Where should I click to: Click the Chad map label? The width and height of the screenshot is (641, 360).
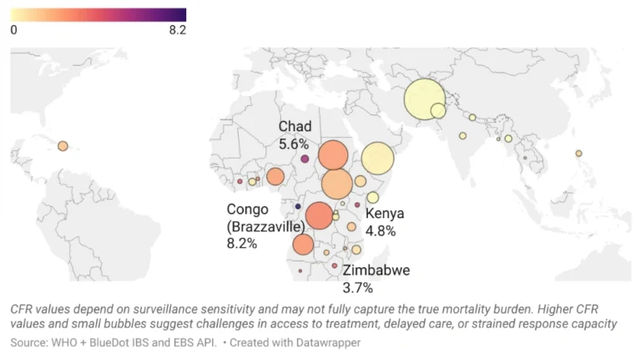[x=295, y=126]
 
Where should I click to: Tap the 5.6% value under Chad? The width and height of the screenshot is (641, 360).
[x=294, y=144]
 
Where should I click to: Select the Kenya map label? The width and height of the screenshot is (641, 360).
[x=385, y=215]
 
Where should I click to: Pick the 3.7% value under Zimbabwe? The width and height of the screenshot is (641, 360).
[x=358, y=288]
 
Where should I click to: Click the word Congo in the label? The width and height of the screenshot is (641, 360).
[x=248, y=209]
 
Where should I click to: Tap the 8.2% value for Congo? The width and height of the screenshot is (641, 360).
[x=242, y=243]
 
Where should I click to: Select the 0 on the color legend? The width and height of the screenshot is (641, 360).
[x=13, y=30]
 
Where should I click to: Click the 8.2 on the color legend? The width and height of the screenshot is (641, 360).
[x=177, y=30]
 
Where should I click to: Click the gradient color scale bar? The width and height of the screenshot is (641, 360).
[x=98, y=14]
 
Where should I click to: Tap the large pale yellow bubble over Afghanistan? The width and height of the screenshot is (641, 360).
[x=424, y=99]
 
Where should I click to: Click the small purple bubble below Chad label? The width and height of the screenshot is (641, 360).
[x=305, y=159]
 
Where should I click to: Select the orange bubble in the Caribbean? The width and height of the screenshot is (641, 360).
[x=63, y=146]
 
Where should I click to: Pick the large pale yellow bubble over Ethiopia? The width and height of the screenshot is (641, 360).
[x=377, y=158]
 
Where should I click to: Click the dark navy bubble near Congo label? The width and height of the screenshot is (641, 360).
[x=297, y=205]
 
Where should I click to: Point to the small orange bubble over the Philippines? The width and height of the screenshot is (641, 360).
[x=578, y=153]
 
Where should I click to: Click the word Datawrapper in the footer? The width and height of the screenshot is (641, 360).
[x=328, y=342]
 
